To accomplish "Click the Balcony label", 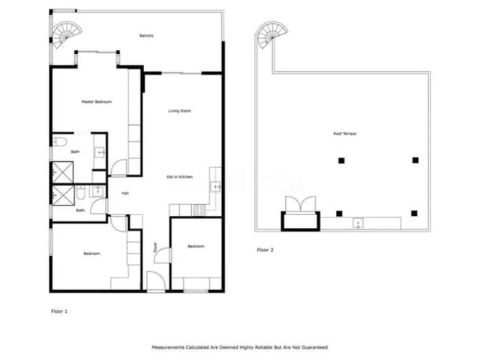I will (x=147, y=35).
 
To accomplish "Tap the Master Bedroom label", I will (x=97, y=101).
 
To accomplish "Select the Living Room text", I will (x=179, y=111).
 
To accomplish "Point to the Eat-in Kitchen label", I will (x=179, y=176).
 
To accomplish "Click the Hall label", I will (x=125, y=193).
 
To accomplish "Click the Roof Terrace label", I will (x=344, y=133).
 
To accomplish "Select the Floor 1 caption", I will (x=59, y=309).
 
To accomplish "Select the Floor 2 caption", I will (x=265, y=249).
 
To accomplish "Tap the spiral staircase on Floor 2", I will (x=268, y=34).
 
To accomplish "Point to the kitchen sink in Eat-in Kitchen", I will (x=216, y=187).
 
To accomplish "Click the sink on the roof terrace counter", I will (x=358, y=222).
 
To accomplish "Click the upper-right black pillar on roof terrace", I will (x=415, y=160).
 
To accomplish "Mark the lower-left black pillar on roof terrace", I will (x=340, y=214).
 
